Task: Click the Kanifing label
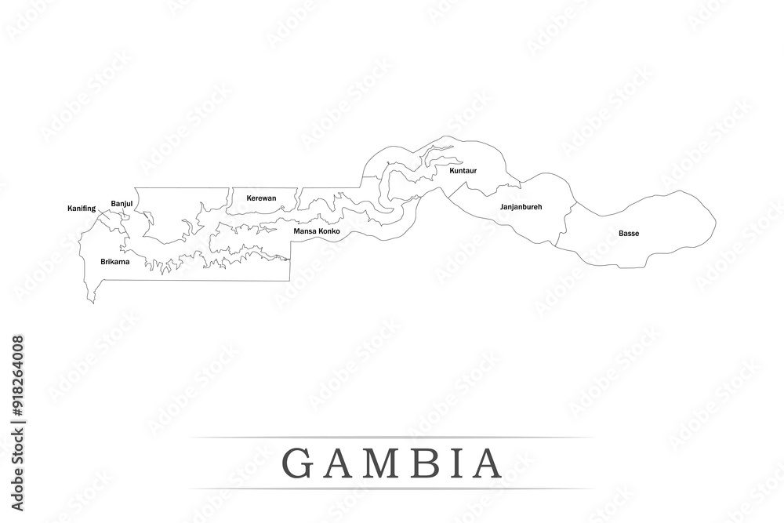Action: (x=82, y=209)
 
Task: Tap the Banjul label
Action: (x=122, y=204)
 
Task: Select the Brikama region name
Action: (x=115, y=261)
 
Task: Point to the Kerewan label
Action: (x=261, y=198)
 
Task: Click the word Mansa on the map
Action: (x=305, y=232)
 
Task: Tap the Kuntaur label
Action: (x=463, y=170)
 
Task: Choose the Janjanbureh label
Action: (x=521, y=207)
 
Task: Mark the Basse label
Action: (x=628, y=234)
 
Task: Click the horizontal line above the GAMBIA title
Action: (x=392, y=438)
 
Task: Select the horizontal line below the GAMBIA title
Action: (x=392, y=489)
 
